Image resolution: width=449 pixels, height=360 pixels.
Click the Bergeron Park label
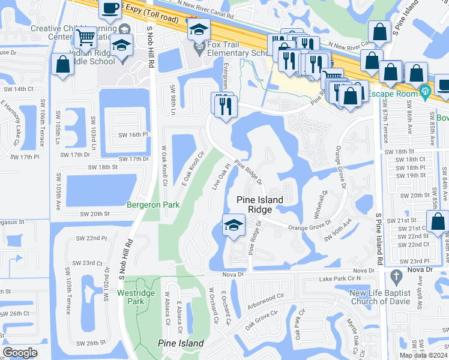point(153,205)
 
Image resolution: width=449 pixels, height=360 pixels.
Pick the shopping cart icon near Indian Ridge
point(85,38)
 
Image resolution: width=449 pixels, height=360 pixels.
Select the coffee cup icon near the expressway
point(109,8)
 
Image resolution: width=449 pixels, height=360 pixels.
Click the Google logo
point(20,353)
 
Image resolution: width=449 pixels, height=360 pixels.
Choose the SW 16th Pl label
point(133,135)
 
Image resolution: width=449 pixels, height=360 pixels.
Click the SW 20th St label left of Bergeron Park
point(95,214)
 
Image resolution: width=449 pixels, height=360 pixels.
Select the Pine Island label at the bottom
point(181,343)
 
